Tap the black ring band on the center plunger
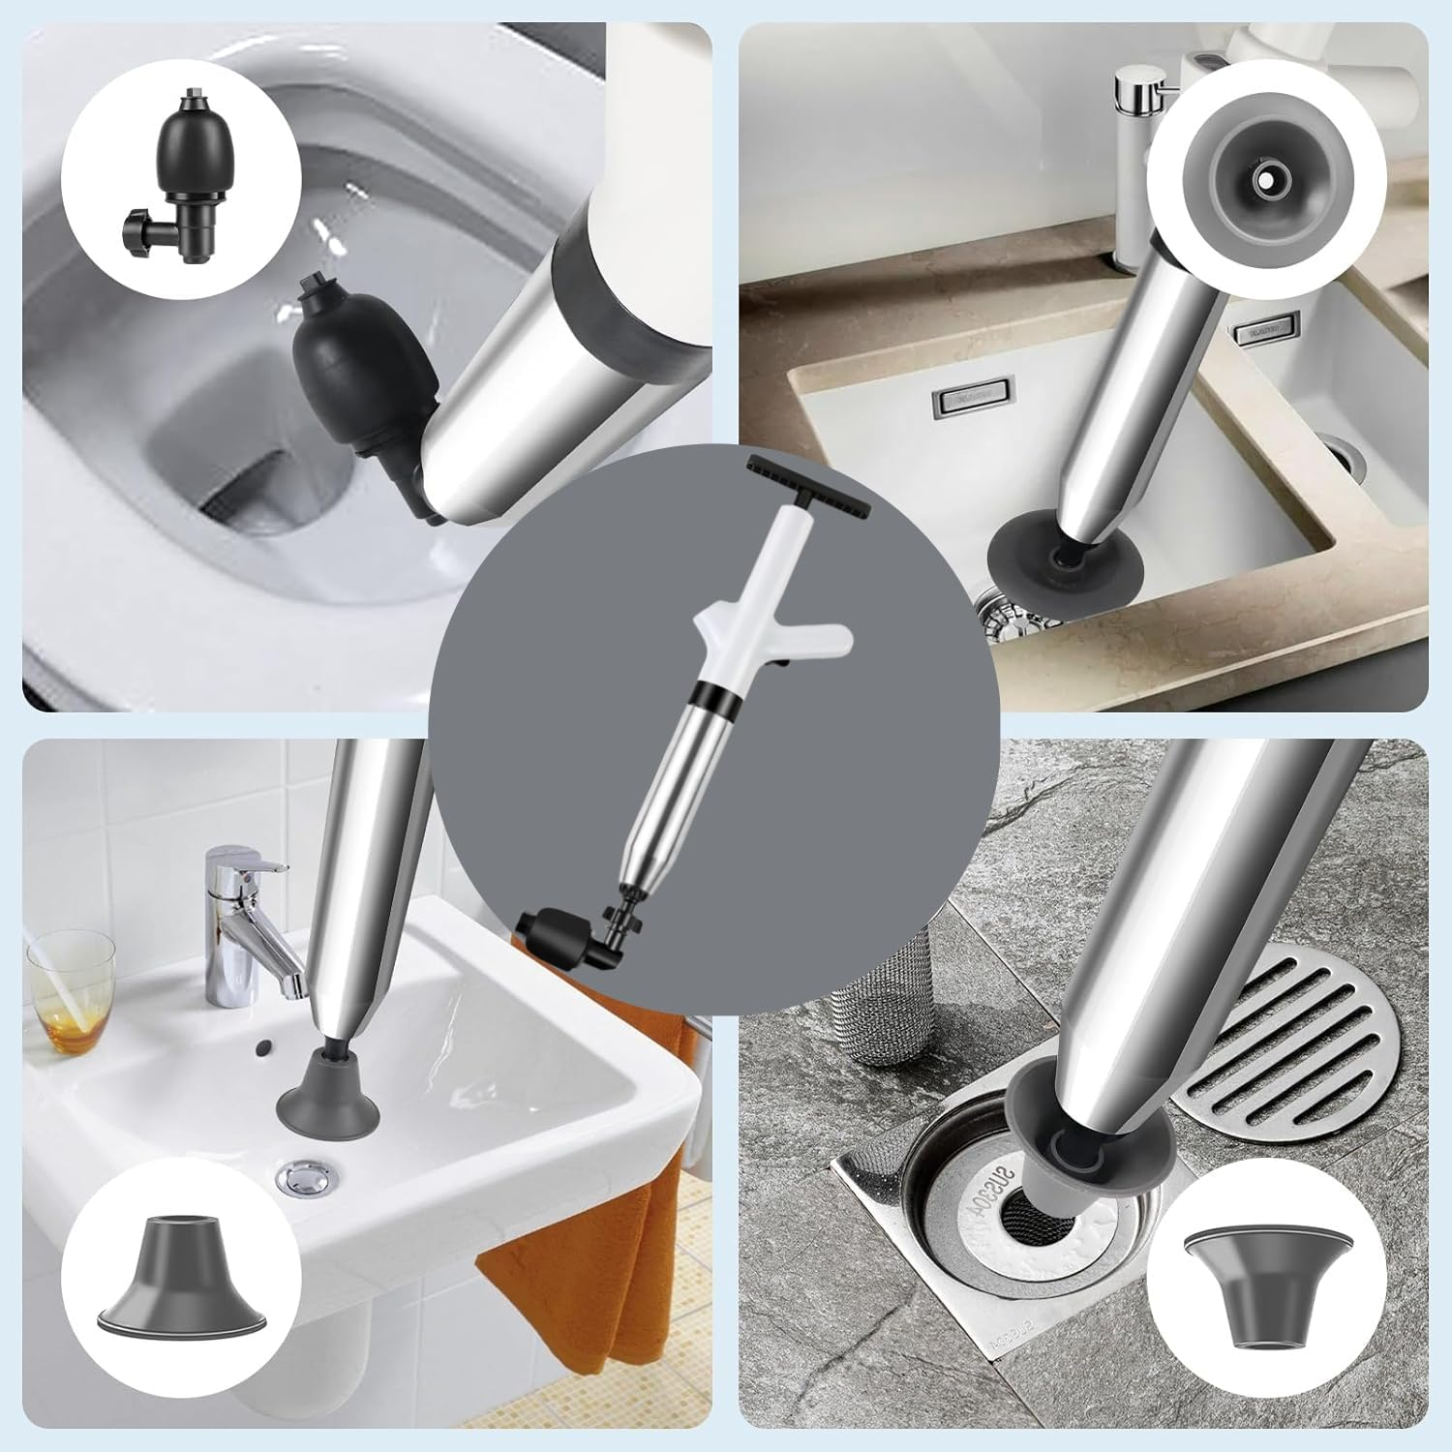point(711,695)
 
